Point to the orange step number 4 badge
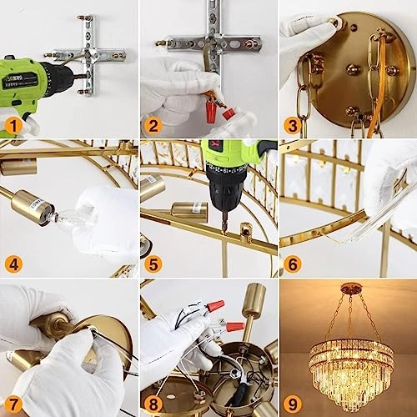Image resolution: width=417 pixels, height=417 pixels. click(x=13, y=264)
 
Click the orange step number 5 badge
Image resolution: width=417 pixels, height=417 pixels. click(x=152, y=264)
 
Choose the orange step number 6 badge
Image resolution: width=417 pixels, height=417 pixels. click(x=291, y=264)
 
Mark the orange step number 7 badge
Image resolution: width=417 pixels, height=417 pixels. click(x=13, y=404)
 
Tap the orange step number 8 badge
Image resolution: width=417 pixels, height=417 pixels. click(x=152, y=404)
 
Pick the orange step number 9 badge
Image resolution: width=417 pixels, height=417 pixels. click(x=291, y=404)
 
